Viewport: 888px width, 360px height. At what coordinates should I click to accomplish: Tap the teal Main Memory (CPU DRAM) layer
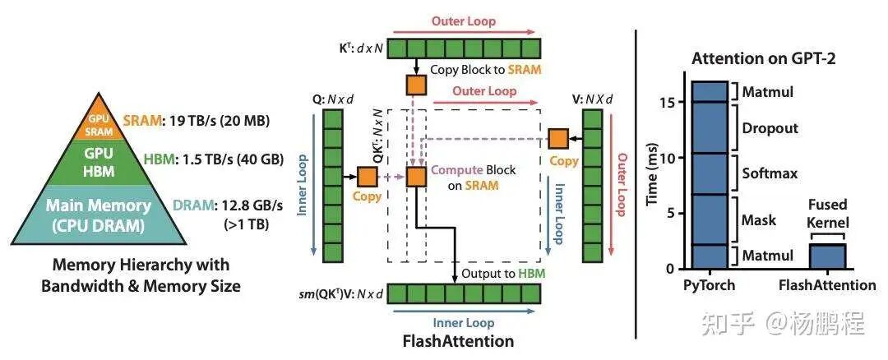click(x=99, y=215)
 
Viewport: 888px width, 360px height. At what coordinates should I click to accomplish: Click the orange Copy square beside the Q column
click(x=367, y=175)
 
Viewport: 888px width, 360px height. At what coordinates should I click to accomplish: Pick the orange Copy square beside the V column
click(x=558, y=140)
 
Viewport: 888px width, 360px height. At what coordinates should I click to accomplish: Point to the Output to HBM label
click(x=501, y=273)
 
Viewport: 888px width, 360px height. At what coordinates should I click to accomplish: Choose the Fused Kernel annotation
click(x=827, y=213)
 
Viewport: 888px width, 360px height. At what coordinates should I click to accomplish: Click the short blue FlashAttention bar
click(x=827, y=256)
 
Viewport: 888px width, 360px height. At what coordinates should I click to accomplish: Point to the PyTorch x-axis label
click(x=708, y=285)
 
